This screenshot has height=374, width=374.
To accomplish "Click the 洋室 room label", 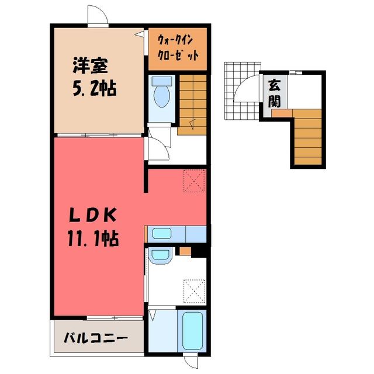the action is click(90, 65).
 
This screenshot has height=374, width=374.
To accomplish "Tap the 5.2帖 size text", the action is click(95, 88).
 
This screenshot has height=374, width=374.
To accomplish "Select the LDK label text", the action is click(93, 215).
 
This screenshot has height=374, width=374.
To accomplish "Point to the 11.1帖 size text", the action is click(93, 239).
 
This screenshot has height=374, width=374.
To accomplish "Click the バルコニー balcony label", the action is click(96, 338).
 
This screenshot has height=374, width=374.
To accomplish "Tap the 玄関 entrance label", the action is click(274, 93).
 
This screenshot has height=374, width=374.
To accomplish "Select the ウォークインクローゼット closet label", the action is click(178, 49).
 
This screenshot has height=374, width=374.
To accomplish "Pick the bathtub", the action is click(192, 330).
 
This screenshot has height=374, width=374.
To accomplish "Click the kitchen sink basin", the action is click(162, 233).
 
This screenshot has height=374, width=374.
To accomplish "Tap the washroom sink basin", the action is click(160, 255).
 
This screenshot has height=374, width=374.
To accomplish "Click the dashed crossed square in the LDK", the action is click(194, 181).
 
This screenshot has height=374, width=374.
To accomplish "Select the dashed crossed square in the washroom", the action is click(195, 291).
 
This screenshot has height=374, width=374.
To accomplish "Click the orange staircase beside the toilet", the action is click(192, 105).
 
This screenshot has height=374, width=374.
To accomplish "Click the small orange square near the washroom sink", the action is click(185, 251).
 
